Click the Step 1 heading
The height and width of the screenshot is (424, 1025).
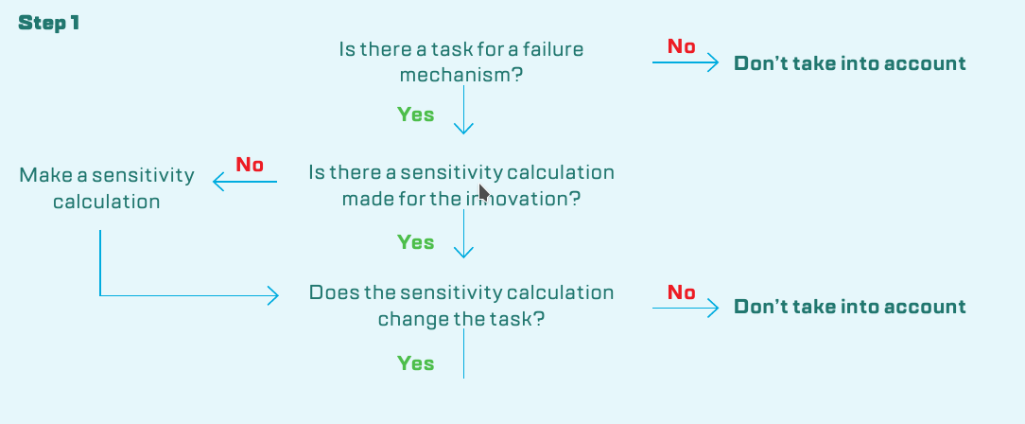tap(49, 23)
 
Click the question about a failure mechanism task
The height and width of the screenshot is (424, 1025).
tap(460, 62)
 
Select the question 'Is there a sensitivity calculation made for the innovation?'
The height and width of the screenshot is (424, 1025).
tap(461, 185)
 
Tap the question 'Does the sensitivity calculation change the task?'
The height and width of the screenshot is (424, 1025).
tap(461, 306)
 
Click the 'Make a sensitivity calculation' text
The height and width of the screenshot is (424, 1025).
tap(107, 187)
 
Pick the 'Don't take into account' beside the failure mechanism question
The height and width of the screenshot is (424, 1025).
tap(850, 63)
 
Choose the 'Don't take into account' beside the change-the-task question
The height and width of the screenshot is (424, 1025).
tap(850, 307)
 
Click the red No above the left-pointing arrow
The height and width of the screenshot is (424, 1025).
tap(250, 165)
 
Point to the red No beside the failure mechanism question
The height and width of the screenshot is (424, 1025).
tap(681, 46)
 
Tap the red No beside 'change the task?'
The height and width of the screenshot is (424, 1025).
tap(681, 292)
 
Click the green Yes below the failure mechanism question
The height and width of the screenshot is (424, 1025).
tap(416, 115)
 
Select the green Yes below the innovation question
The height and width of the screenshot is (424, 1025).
tap(416, 242)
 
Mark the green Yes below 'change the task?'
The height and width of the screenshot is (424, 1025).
tap(416, 363)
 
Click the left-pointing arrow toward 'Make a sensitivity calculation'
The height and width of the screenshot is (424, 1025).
tap(245, 182)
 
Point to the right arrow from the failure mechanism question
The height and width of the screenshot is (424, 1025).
tap(686, 62)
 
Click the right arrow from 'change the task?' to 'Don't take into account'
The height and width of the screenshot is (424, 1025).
tap(686, 309)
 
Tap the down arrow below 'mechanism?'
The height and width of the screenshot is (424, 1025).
tap(463, 110)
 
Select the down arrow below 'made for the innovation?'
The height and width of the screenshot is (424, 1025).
tap(463, 234)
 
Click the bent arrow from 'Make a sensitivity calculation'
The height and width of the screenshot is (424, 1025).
tap(100, 295)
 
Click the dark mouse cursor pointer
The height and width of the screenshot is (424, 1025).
tap(484, 192)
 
